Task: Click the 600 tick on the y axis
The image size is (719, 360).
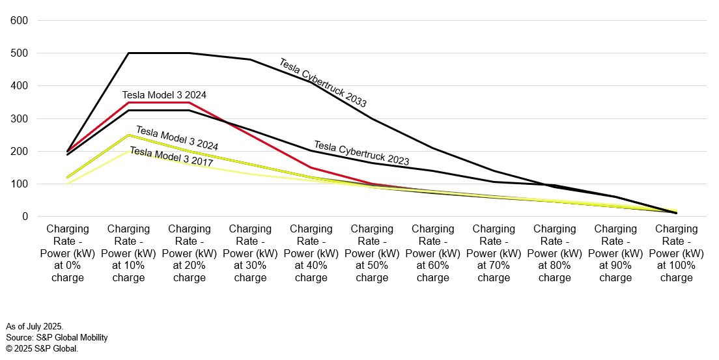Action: tap(19, 21)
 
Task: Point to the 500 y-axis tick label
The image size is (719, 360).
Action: tap(19, 53)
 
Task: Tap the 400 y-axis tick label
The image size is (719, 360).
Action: tap(19, 86)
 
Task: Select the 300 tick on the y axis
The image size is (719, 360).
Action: tap(19, 118)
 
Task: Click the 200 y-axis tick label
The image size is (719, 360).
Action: tap(19, 151)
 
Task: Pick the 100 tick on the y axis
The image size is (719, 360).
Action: tap(19, 184)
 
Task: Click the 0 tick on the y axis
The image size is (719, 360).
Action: tap(24, 217)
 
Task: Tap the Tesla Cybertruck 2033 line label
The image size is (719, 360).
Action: tap(322, 83)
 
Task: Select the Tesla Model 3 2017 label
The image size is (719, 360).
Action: tap(171, 156)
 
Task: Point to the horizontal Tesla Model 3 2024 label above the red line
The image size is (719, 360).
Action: tap(164, 95)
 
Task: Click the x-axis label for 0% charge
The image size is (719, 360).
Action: tap(68, 253)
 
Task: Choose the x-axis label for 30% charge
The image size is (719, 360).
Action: tap(250, 253)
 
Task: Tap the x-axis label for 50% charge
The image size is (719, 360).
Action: tap(372, 253)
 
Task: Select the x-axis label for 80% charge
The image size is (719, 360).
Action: tap(555, 253)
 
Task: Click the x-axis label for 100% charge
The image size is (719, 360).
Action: tap(676, 253)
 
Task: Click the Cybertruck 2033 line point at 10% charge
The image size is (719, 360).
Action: tap(128, 53)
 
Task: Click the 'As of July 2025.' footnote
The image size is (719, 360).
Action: tap(35, 325)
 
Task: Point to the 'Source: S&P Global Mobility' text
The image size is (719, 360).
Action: tap(57, 337)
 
